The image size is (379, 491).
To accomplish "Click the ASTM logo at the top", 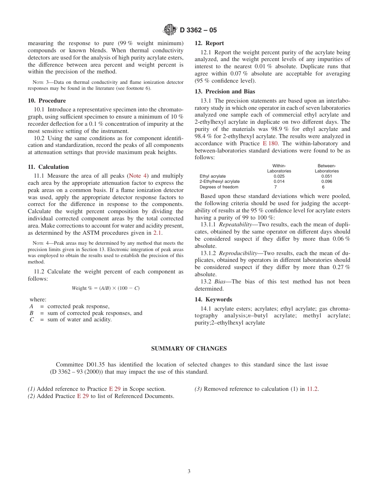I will [170, 30].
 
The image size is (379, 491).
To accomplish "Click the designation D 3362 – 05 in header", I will [198, 30].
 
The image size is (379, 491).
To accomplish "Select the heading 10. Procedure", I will [47, 101].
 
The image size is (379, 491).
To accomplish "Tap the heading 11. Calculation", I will [48, 167].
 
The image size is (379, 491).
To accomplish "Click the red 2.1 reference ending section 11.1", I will [157, 233].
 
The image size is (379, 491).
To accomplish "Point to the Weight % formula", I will [105, 288].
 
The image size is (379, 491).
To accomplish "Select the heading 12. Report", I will [209, 43].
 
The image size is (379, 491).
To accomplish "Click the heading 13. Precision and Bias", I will [225, 91].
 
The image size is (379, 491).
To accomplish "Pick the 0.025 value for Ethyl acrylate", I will [279, 176].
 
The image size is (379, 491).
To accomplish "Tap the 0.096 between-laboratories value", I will [326, 181].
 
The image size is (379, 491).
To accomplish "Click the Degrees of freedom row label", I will [219, 187].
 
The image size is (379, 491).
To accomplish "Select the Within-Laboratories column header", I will [279, 168].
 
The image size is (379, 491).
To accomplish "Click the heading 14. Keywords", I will [213, 299].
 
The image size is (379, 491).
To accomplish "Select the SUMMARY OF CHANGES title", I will [189, 348].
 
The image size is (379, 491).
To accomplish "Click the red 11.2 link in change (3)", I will [312, 389].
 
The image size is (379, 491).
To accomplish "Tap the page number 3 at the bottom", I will [189, 471].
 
